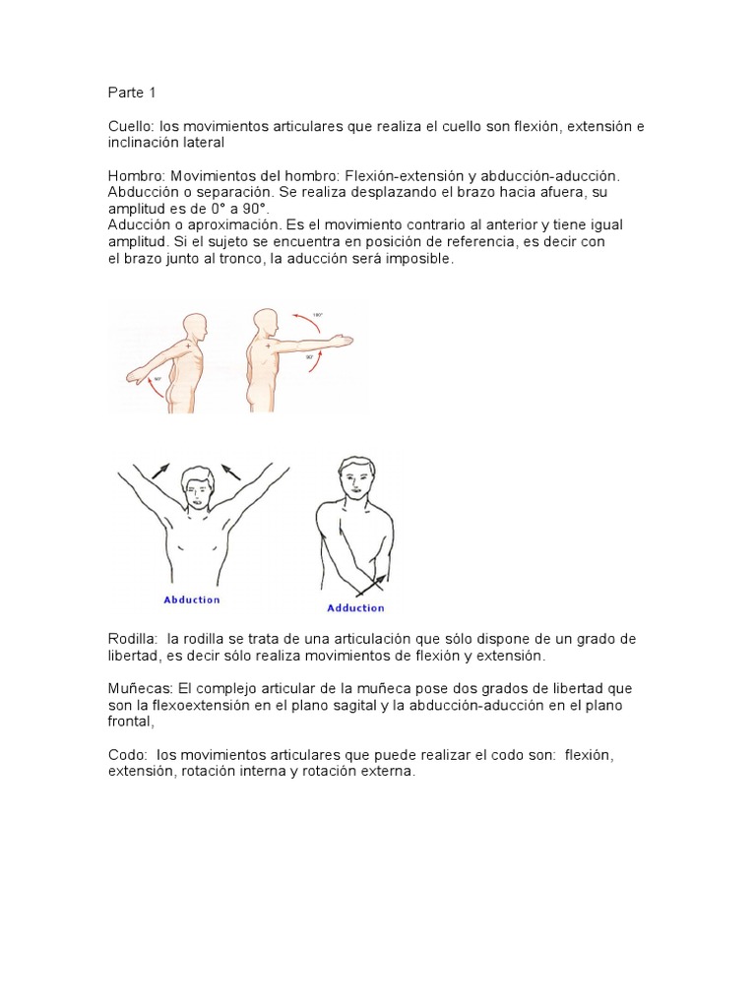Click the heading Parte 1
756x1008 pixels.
132,93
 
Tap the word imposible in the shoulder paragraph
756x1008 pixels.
421,259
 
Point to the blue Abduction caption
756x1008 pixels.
192,598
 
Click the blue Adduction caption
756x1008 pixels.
355,608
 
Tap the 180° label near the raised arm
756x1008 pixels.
318,316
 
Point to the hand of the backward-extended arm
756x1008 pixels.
133,376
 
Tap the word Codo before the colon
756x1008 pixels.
127,755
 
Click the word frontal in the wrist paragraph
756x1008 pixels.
130,722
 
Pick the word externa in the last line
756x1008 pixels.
390,772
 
